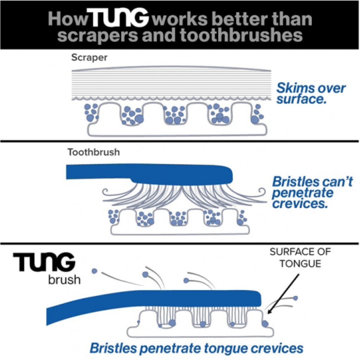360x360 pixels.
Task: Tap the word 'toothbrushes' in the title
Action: pos(241,35)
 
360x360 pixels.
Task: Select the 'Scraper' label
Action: pos(89,57)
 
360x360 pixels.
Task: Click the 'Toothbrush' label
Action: pos(94,152)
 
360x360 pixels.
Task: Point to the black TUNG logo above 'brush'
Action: pos(44,262)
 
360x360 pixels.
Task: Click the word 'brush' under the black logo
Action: pos(65,280)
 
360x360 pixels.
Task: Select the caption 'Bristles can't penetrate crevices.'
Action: pos(312,192)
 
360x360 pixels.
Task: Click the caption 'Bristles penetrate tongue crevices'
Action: pos(197,348)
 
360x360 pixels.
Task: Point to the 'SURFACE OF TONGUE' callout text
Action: pos(300,258)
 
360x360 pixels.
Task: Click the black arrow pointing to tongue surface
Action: pos(283,294)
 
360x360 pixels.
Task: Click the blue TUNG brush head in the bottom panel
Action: pos(202,298)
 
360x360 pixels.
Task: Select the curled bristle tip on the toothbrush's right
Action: pos(262,191)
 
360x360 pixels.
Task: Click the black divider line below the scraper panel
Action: pos(180,141)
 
